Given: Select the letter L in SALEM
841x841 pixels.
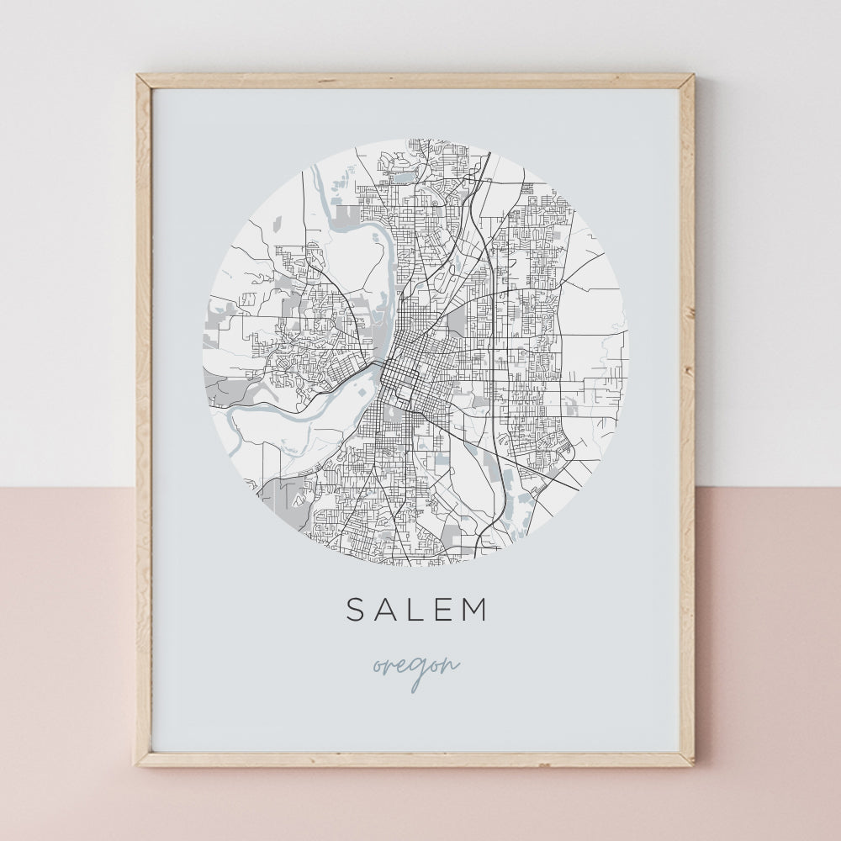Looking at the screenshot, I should (x=418, y=610).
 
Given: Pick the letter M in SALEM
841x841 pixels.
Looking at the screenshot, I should (x=477, y=610).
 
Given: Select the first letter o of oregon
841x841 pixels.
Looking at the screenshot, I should (x=378, y=667).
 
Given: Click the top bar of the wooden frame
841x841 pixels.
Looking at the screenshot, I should (x=415, y=81).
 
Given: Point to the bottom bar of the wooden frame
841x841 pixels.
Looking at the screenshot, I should (x=415, y=759).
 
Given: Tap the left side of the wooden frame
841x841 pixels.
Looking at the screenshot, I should (x=144, y=420).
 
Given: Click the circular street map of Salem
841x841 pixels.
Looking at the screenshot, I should (x=415, y=353).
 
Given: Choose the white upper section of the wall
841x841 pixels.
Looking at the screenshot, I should (x=67, y=252).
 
